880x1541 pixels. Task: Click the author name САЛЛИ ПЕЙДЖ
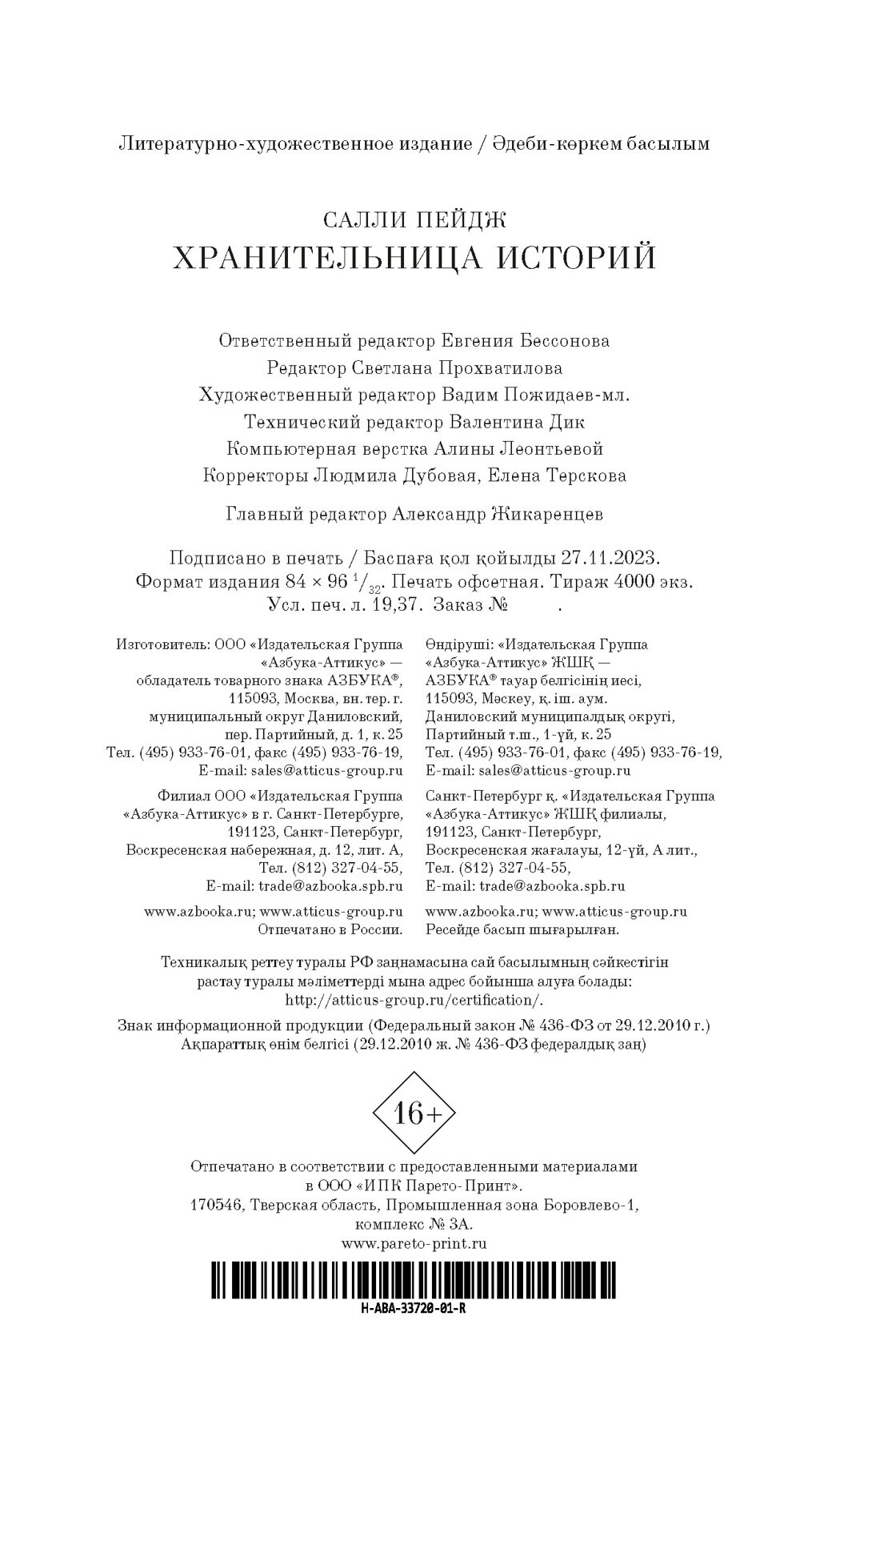(x=414, y=218)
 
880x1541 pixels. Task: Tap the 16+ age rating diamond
(x=414, y=1113)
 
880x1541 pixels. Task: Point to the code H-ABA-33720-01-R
(x=414, y=1310)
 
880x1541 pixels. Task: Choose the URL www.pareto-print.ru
(x=414, y=1243)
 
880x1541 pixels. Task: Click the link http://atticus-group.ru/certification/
(x=414, y=1000)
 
